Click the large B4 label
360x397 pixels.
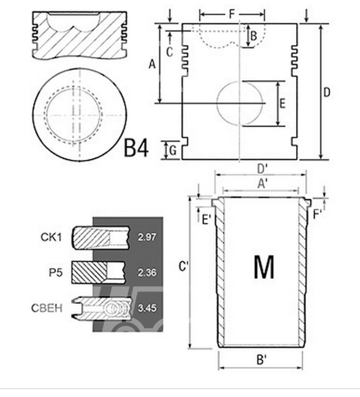click(x=137, y=149)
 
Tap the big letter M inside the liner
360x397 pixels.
click(x=263, y=267)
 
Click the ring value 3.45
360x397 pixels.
click(x=147, y=308)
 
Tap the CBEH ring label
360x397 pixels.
click(x=47, y=309)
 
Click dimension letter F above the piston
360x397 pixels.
click(x=231, y=13)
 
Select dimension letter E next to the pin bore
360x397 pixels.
click(x=282, y=103)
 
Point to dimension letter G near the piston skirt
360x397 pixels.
click(x=173, y=151)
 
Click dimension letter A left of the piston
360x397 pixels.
click(x=152, y=65)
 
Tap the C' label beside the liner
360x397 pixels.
click(x=183, y=266)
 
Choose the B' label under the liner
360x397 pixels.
click(x=262, y=360)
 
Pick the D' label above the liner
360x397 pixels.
click(x=262, y=169)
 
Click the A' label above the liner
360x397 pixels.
click(x=262, y=183)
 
